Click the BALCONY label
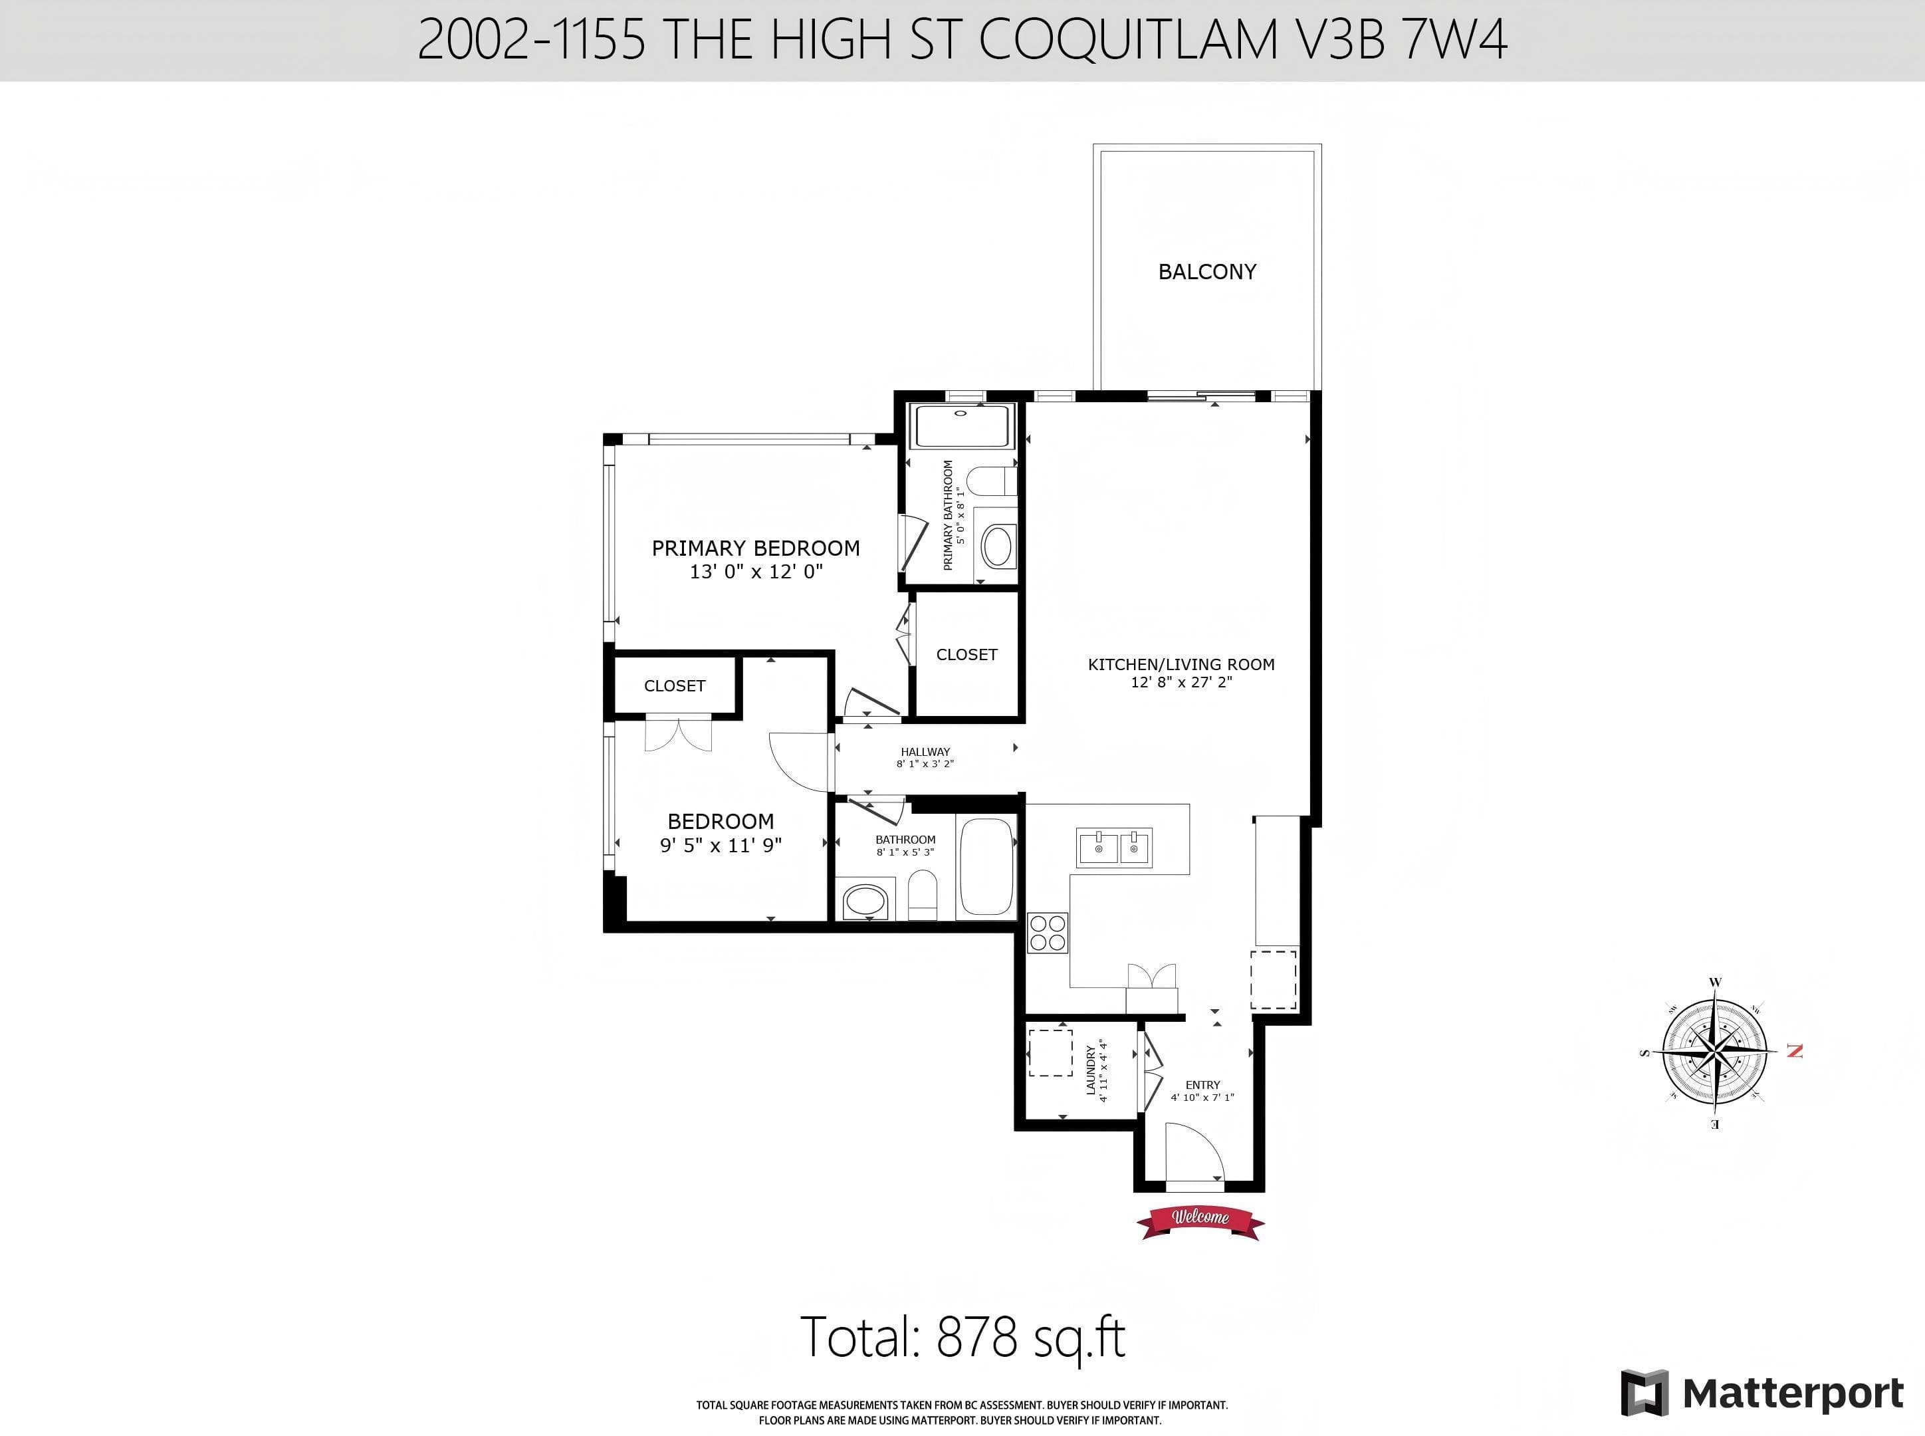[x=1207, y=272]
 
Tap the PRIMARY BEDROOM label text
[x=755, y=548]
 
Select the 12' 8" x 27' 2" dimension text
[x=1181, y=682]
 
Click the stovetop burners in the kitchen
[x=1047, y=933]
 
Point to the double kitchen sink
[x=1115, y=848]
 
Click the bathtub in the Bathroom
[x=986, y=867]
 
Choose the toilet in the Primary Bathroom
[x=992, y=481]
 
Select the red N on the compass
[x=1795, y=1051]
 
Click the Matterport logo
[x=1763, y=1394]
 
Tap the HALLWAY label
[x=925, y=752]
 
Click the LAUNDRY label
[x=1091, y=1070]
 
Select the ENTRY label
[x=1203, y=1085]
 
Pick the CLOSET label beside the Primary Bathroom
[x=966, y=655]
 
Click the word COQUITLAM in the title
[x=1129, y=39]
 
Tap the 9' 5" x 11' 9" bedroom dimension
[x=721, y=845]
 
